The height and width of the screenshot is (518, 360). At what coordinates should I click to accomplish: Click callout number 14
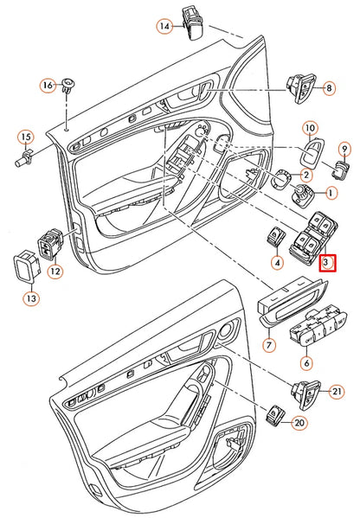pyautogui.click(x=164, y=27)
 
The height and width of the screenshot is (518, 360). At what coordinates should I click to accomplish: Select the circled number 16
pyautogui.click(x=48, y=85)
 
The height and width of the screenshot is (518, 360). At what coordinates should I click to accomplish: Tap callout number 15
pyautogui.click(x=25, y=137)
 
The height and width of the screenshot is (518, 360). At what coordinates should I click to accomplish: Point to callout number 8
pyautogui.click(x=328, y=89)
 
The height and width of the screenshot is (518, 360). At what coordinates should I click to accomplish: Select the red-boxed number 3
pyautogui.click(x=327, y=261)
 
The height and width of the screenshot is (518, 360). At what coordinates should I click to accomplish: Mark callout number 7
pyautogui.click(x=268, y=346)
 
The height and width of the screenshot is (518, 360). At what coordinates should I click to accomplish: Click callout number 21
pyautogui.click(x=337, y=392)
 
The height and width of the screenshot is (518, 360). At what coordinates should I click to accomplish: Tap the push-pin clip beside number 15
pyautogui.click(x=29, y=158)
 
